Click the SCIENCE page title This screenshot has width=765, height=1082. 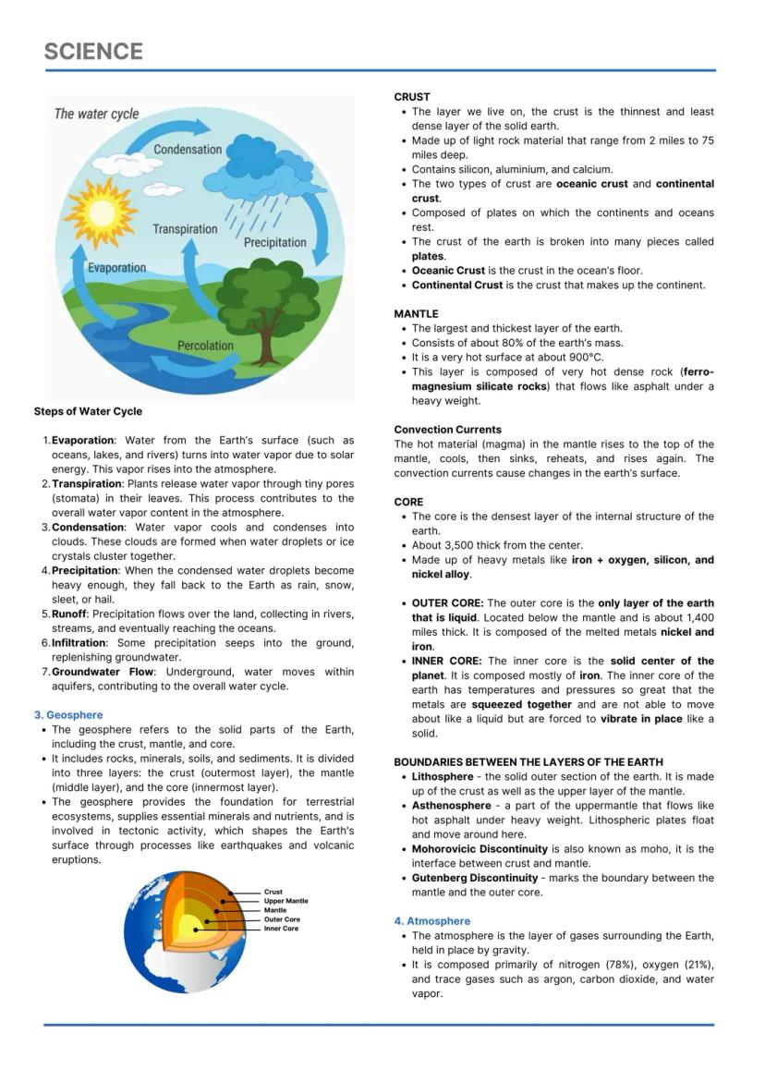93,51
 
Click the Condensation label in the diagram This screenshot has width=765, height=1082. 188,150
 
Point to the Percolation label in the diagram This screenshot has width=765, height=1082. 205,346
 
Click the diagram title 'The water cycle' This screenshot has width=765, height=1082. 96,114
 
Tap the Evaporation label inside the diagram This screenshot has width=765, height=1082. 116,268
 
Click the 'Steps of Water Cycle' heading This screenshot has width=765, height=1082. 88,411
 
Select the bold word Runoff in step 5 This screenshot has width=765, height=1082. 70,614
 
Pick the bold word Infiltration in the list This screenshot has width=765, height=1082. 79,642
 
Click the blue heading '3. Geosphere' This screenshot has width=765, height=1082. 68,715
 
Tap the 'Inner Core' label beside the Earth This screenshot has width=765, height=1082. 281,929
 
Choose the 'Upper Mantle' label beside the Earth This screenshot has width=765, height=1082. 285,901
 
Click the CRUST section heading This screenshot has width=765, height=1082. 411,97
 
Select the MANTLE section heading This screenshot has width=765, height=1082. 416,314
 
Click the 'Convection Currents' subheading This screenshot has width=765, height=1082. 447,430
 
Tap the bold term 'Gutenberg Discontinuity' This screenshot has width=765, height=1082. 474,878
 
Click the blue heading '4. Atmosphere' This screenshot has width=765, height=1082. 431,921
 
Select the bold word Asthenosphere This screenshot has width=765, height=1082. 451,806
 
